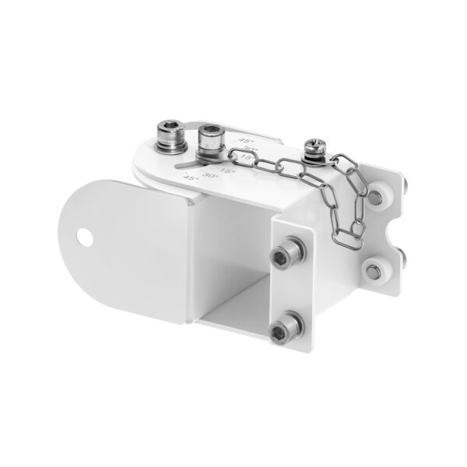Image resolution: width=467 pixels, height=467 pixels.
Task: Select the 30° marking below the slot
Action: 209,176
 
